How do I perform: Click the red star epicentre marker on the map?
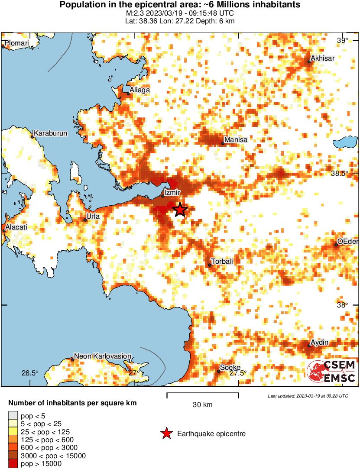[x=180, y=210]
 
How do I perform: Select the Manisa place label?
[x=237, y=140]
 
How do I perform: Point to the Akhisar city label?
[x=323, y=58]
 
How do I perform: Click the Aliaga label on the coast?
[x=140, y=90]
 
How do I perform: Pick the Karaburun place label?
[x=51, y=133]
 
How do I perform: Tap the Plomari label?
[x=17, y=43]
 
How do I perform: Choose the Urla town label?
[x=93, y=216]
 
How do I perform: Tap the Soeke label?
[x=230, y=368]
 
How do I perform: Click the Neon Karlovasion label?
[x=103, y=356]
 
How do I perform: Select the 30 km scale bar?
[x=202, y=394]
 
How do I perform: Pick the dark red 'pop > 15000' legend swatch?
[x=13, y=464]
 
